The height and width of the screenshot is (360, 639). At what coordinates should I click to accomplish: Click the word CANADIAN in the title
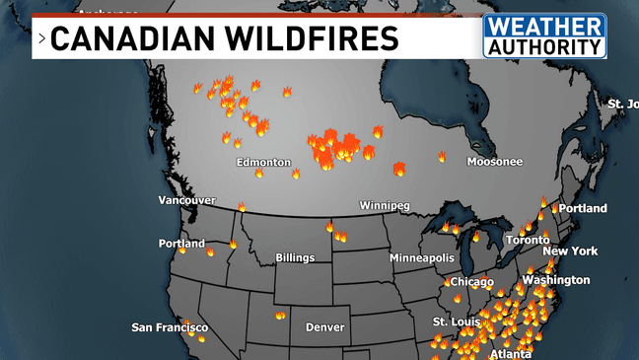pos(120,38)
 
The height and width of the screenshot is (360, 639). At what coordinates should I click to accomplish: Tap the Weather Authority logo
pos(543,36)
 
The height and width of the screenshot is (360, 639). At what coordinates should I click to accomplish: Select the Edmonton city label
pos(263,162)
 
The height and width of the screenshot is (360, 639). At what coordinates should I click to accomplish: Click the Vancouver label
pos(186,200)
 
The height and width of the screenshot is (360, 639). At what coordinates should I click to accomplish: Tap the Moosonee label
pos(495,161)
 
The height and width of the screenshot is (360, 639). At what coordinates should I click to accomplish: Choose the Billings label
pos(295,257)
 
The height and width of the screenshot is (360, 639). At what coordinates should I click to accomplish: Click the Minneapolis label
pos(422,257)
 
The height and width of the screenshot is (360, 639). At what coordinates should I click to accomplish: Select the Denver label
pos(324,326)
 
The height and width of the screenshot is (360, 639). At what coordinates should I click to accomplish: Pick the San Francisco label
pos(171,326)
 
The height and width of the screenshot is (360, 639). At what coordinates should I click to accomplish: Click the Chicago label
pos(472,282)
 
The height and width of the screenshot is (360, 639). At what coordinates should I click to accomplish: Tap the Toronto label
pos(528,240)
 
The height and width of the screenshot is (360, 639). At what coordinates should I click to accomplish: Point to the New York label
pos(570,251)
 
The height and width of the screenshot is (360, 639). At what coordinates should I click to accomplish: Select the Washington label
pos(556,279)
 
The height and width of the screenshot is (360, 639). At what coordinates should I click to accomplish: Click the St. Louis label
pos(456,322)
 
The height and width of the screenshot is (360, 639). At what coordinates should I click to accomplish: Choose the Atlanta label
pos(511,353)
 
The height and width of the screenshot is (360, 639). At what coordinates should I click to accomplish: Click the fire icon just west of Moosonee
pos(442,156)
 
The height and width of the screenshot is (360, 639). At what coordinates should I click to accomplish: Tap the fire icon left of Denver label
pos(280,316)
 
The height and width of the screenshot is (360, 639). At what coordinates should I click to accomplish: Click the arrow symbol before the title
pos(41,39)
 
